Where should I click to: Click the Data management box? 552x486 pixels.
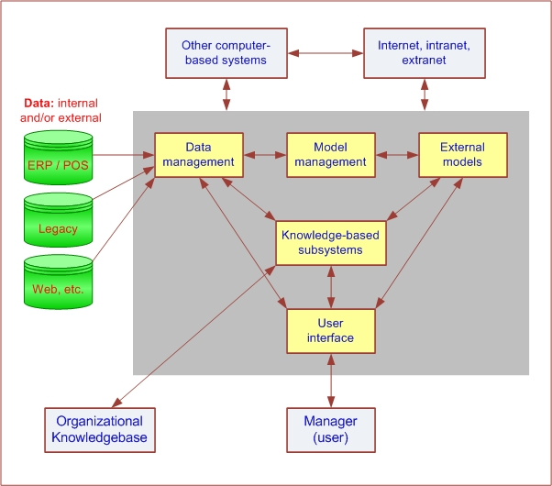(x=198, y=155)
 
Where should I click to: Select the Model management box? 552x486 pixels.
(x=330, y=155)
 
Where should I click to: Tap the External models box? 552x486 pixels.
(x=462, y=155)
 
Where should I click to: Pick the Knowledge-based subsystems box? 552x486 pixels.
(x=330, y=242)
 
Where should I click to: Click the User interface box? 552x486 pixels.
(x=330, y=331)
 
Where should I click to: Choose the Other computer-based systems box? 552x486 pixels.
(x=223, y=52)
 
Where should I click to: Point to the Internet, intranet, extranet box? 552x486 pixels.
(x=424, y=52)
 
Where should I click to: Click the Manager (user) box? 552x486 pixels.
(x=330, y=429)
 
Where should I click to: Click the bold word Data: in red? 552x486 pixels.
(x=39, y=103)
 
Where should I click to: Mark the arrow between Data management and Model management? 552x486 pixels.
(x=265, y=155)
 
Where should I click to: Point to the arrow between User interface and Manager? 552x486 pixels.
(x=330, y=381)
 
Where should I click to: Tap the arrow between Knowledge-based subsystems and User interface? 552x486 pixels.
(x=330, y=287)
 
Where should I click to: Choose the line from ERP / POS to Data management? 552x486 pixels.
(x=124, y=155)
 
